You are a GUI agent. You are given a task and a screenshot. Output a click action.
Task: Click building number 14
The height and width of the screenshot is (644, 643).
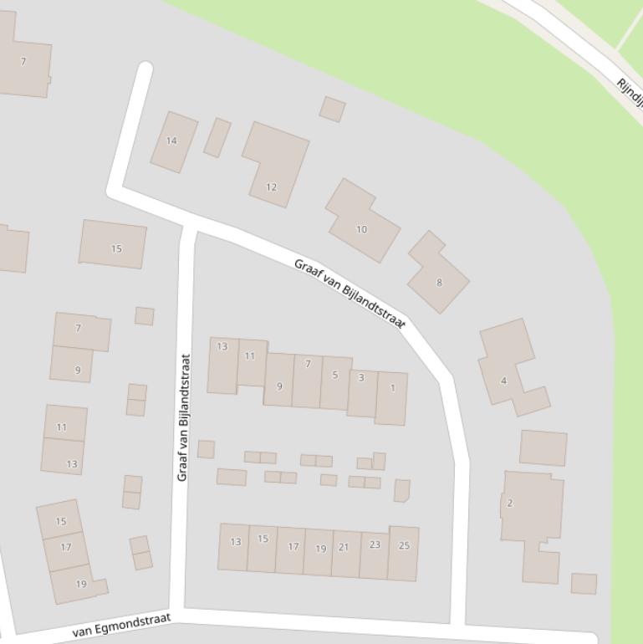(x=173, y=141)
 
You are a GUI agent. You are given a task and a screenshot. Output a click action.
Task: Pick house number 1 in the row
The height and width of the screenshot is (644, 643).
(x=391, y=398)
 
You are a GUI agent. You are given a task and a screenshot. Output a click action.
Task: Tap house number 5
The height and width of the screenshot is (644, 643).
(x=335, y=383)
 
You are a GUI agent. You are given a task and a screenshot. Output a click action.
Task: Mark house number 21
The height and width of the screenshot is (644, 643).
(x=344, y=553)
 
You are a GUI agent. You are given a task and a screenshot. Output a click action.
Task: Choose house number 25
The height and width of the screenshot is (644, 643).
(x=403, y=553)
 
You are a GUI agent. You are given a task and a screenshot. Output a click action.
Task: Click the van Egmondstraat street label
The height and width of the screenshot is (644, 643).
(x=122, y=625)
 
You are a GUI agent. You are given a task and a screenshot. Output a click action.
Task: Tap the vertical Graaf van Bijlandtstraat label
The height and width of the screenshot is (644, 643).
(x=184, y=417)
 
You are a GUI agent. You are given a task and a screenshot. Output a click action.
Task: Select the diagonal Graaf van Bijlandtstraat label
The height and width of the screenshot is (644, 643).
(x=350, y=293)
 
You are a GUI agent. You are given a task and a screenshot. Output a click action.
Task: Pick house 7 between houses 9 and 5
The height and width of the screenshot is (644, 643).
(x=307, y=381)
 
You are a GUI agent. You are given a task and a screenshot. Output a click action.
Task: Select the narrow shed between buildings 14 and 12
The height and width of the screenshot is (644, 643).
(x=217, y=137)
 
